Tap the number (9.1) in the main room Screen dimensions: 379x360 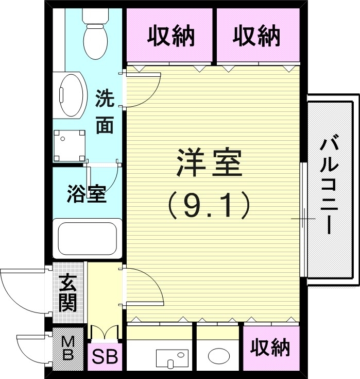pyautogui.click(x=209, y=205)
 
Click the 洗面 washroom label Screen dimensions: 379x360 pyautogui.click(x=105, y=112)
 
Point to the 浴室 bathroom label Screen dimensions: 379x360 pyautogui.click(x=87, y=194)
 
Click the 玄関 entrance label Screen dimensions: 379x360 pyautogui.click(x=67, y=294)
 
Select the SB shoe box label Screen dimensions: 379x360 pyautogui.click(x=105, y=356)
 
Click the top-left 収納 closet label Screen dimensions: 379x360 pyautogui.click(x=170, y=36)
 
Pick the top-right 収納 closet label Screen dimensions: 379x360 pyautogui.click(x=256, y=36)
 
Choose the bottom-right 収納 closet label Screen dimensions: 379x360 pyautogui.click(x=270, y=349)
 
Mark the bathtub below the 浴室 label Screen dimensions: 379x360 pyautogui.click(x=87, y=238)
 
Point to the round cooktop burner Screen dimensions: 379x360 pyautogui.click(x=219, y=356)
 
